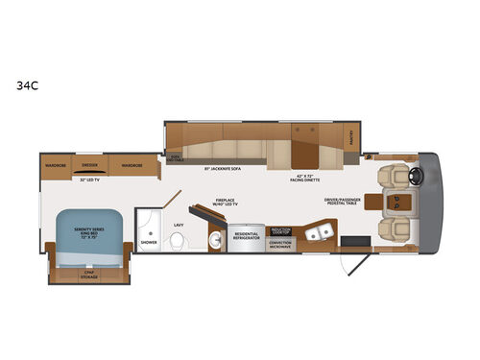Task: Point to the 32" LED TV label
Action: (x=90, y=180)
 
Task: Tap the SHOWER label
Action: (x=149, y=243)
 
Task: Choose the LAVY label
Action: (x=178, y=225)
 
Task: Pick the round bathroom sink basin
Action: (x=152, y=232)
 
